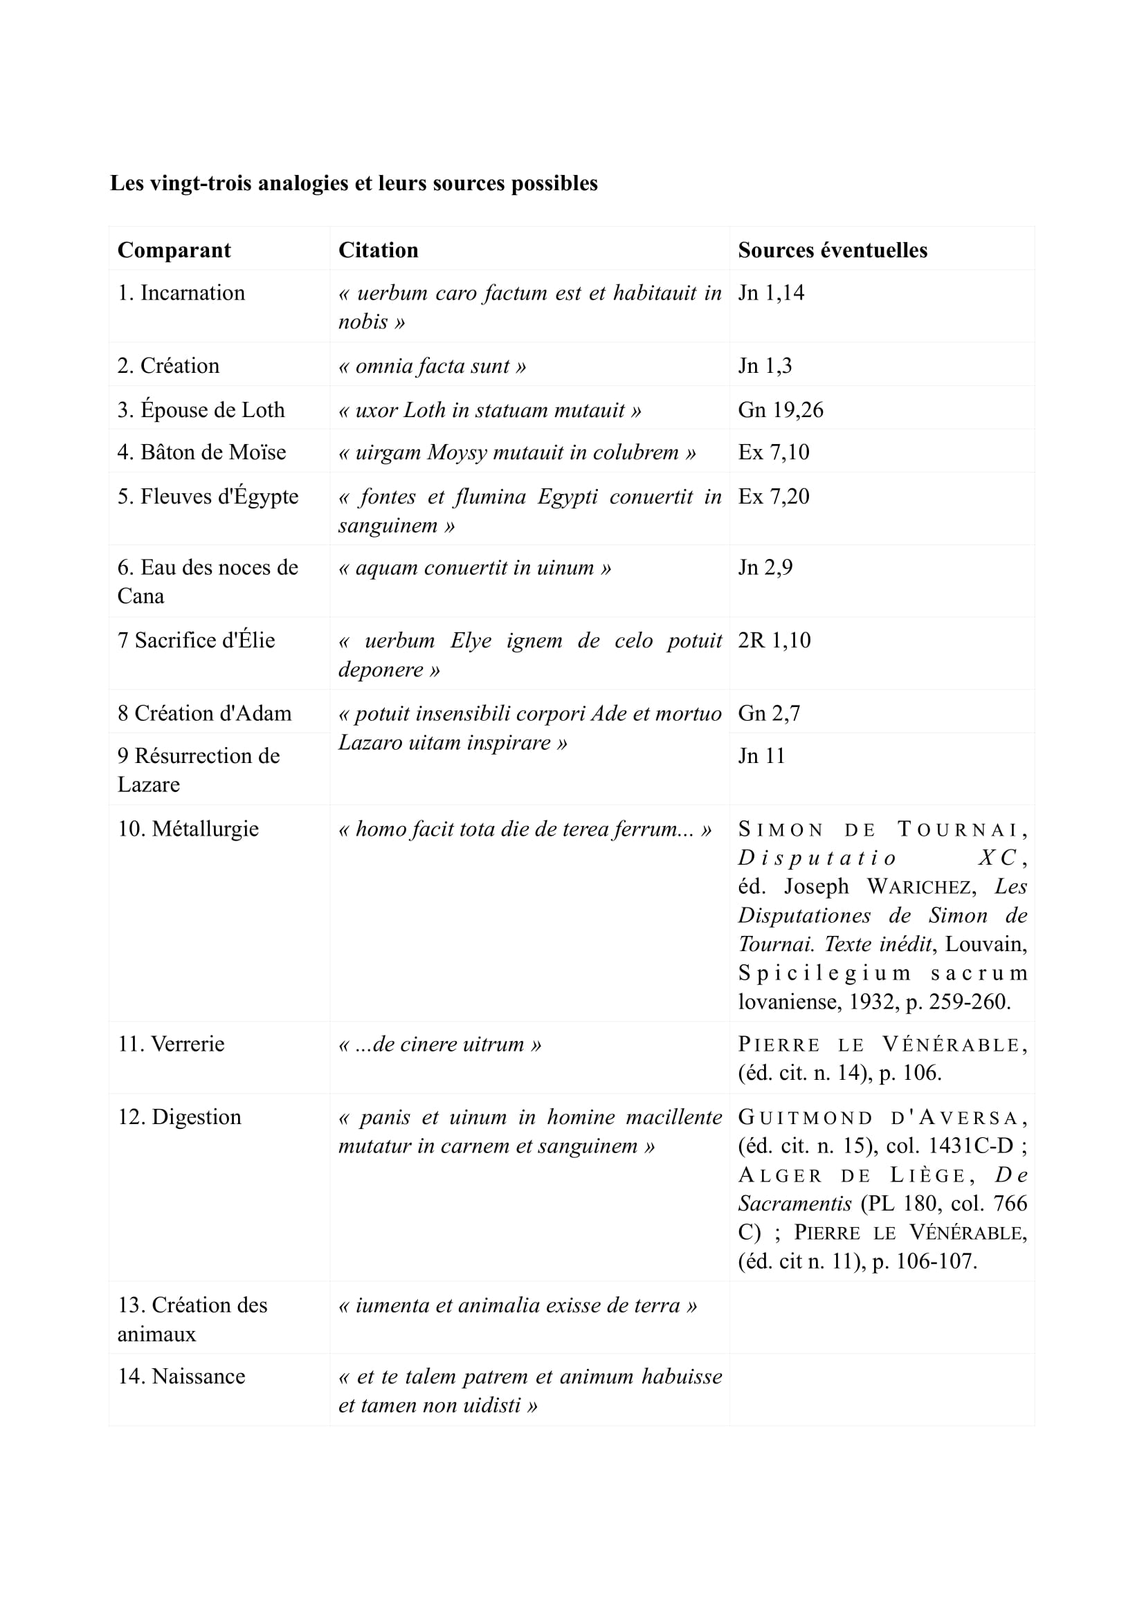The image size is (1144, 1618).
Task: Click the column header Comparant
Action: tap(174, 250)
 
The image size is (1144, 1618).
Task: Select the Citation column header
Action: tap(378, 250)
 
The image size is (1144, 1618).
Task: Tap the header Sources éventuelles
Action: tap(832, 250)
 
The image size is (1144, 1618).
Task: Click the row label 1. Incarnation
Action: tap(181, 293)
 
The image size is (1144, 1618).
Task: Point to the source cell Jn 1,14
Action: tap(770, 293)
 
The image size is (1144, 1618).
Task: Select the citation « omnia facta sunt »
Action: tap(431, 366)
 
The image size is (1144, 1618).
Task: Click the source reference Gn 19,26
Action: tap(780, 410)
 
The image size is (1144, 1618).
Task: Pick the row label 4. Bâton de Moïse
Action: tap(201, 452)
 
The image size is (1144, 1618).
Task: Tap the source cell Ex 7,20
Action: tap(773, 496)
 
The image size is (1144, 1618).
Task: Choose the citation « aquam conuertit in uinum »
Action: tap(474, 567)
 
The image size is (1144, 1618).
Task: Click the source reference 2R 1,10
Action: tap(774, 640)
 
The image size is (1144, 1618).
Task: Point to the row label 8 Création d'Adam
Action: tap(204, 713)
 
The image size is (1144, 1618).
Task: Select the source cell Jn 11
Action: tap(761, 755)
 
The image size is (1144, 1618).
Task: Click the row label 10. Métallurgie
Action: tap(188, 829)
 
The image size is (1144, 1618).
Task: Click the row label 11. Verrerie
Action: tap(170, 1044)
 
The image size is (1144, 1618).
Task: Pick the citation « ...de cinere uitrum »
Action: tap(440, 1044)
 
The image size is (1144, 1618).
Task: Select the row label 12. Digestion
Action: tap(179, 1117)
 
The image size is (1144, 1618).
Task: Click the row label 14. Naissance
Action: tap(181, 1377)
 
